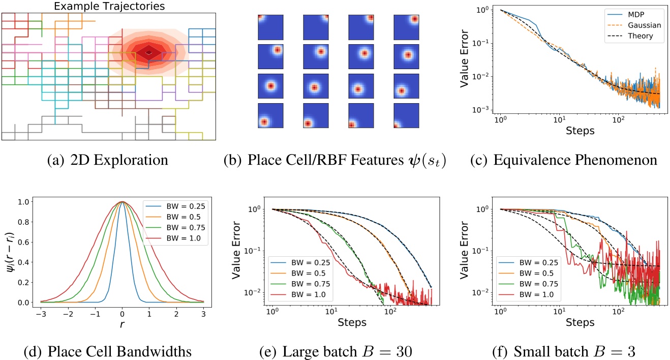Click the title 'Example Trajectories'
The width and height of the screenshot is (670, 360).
pyautogui.click(x=109, y=6)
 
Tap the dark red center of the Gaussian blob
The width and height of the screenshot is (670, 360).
pyautogui.click(x=148, y=52)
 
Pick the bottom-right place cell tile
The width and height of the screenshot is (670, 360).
pyautogui.click(x=404, y=116)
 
